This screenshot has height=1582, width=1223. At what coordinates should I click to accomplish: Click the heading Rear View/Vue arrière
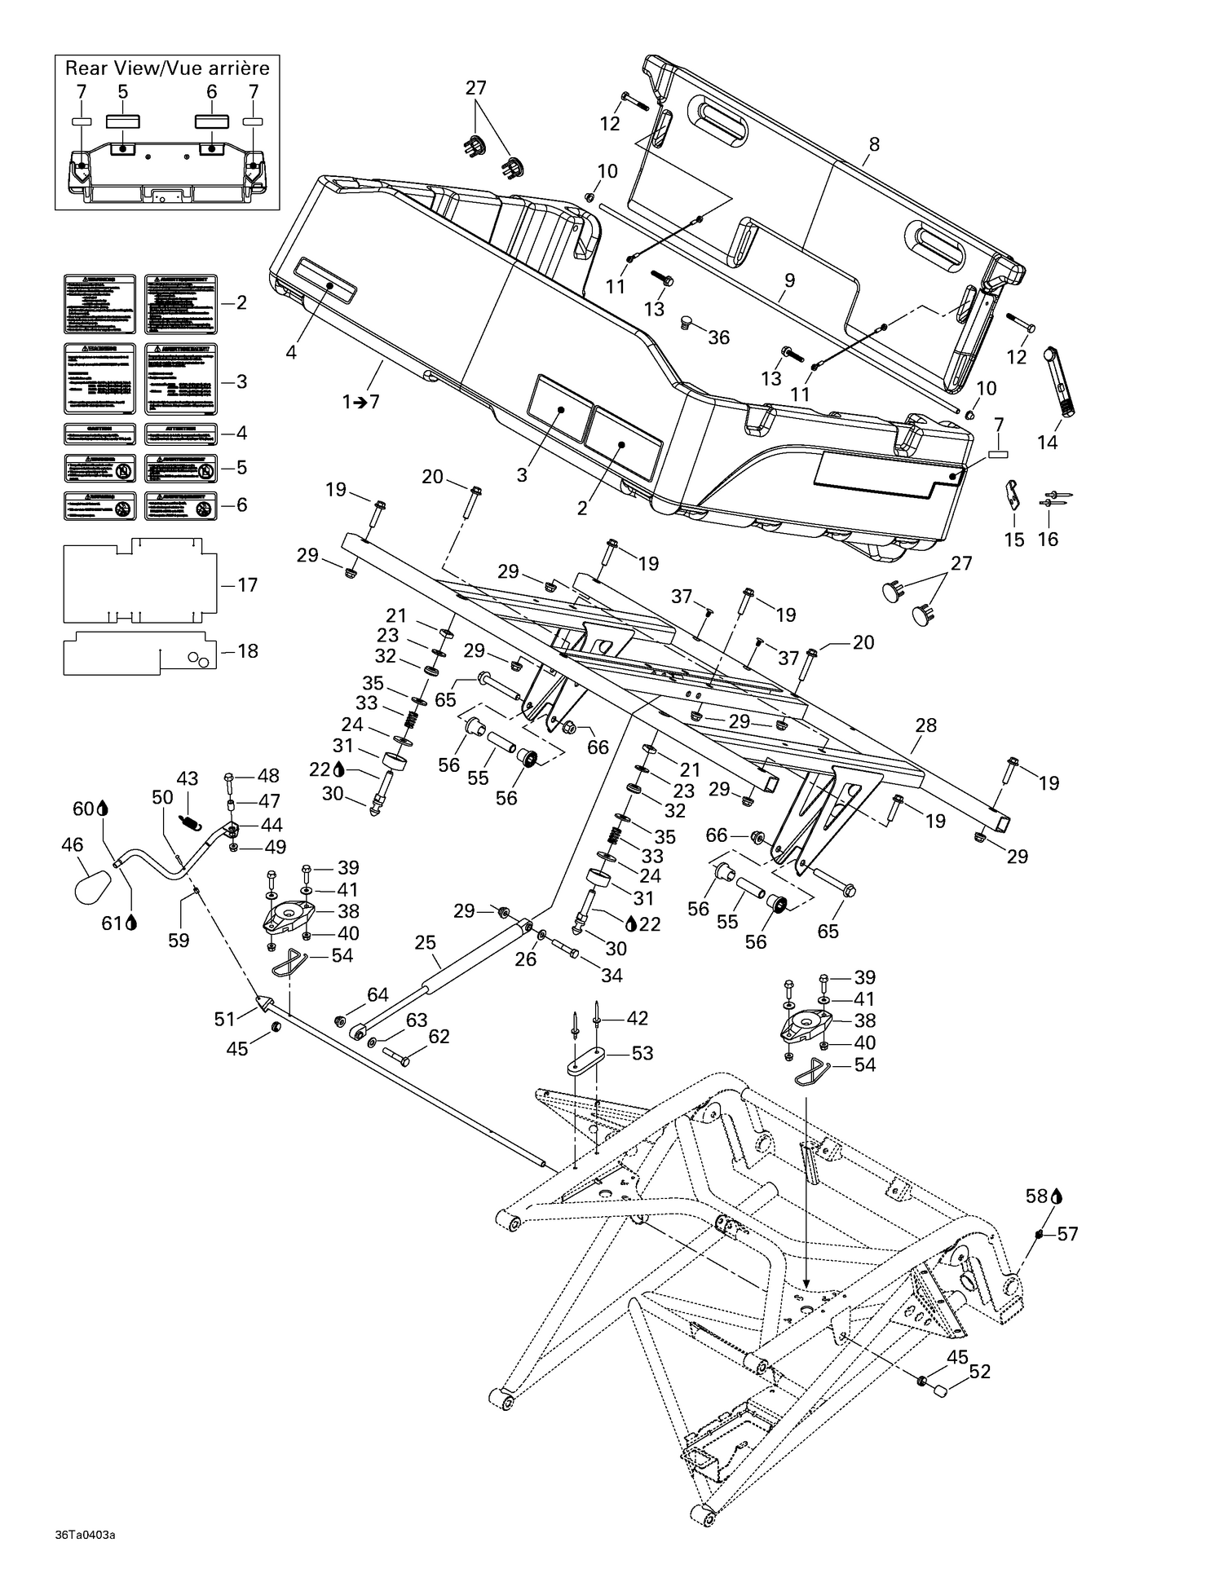(x=167, y=68)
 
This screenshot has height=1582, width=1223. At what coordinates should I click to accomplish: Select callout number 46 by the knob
(x=73, y=844)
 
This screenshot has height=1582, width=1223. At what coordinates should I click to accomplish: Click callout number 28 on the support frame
(x=926, y=725)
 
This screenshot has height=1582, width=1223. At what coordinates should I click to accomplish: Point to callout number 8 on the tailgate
(x=874, y=144)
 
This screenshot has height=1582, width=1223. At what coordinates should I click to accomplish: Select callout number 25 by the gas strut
(x=426, y=943)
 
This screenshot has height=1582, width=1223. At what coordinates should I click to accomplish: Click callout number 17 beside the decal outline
(x=246, y=584)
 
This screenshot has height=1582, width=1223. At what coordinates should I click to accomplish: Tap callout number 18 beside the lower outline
(x=246, y=650)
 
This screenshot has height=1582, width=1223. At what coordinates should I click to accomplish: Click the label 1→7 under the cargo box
(x=361, y=402)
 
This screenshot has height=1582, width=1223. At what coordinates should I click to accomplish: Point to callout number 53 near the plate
(x=642, y=1053)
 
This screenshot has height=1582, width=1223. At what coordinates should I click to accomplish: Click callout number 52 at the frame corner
(x=979, y=1371)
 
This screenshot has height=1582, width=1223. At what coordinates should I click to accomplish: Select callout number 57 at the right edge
(x=1067, y=1234)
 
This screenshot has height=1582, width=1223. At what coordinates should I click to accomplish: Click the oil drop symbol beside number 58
(x=1057, y=1196)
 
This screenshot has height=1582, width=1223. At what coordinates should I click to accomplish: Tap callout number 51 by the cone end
(x=224, y=1018)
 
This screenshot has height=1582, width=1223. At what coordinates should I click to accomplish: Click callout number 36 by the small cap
(x=718, y=337)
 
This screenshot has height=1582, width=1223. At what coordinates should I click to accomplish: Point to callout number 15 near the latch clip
(x=1013, y=540)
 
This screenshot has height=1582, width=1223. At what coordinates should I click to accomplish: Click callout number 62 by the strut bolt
(x=439, y=1037)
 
